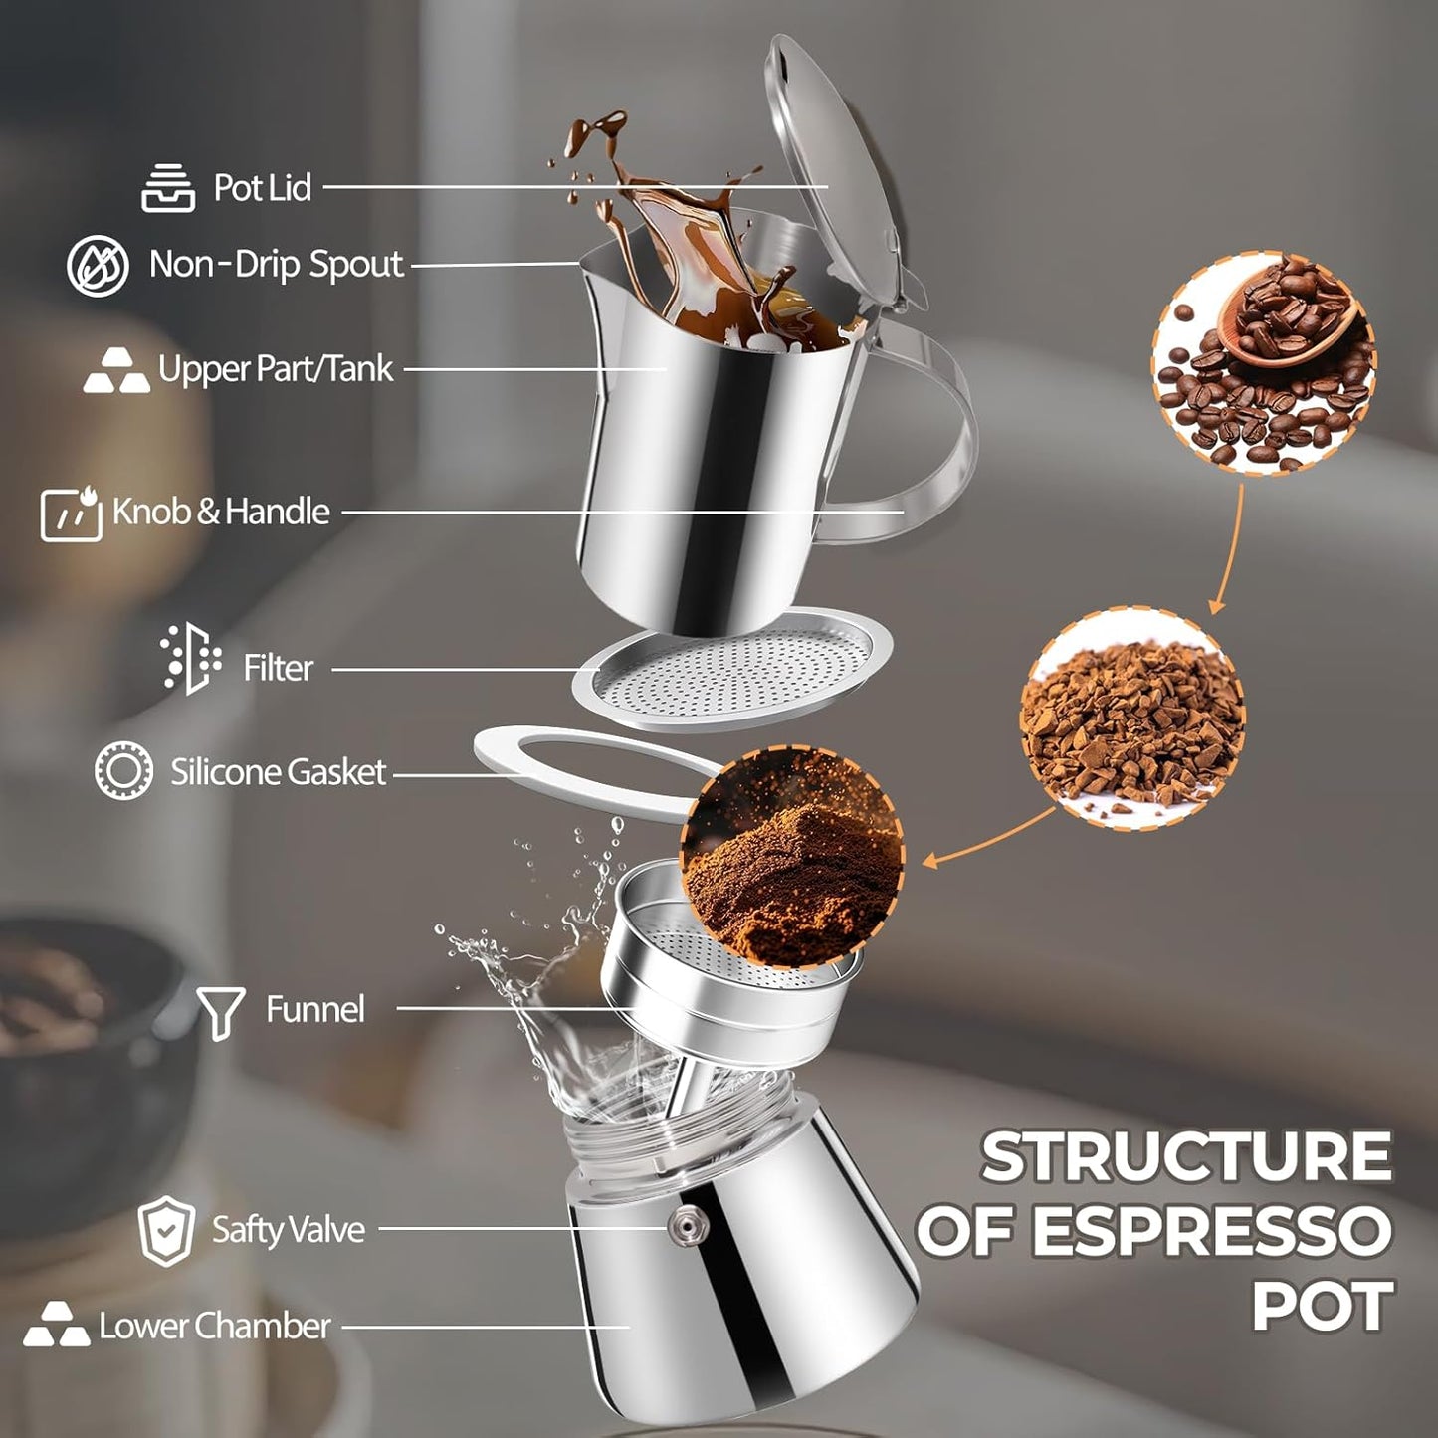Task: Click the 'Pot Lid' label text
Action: [262, 188]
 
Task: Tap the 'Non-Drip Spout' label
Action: [276, 265]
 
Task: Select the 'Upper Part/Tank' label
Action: [276, 369]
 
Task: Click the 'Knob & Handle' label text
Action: [220, 512]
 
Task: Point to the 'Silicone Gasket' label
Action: [278, 772]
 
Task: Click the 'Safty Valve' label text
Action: [288, 1230]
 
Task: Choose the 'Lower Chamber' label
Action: [214, 1326]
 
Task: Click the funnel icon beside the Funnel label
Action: [220, 1012]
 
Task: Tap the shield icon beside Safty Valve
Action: [165, 1231]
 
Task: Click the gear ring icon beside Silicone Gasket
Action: [124, 771]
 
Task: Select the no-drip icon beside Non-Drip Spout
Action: [98, 266]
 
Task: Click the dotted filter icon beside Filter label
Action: [190, 659]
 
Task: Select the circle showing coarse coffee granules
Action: [1131, 719]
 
